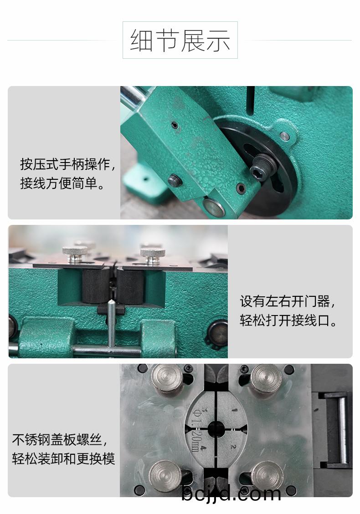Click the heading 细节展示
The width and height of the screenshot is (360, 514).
tap(180, 41)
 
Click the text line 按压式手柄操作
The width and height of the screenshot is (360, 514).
tap(67, 164)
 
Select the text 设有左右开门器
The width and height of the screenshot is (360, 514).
tap(287, 301)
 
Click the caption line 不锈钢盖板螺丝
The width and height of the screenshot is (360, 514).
tap(60, 440)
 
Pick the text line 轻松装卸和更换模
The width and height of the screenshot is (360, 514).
tap(63, 458)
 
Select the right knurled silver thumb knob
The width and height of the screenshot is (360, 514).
tap(153, 255)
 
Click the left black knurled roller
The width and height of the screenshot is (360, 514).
tap(95, 286)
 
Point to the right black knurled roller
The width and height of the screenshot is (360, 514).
tap(130, 286)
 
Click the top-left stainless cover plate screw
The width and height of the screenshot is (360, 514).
tap(167, 378)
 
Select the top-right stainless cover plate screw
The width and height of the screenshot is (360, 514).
tap(266, 378)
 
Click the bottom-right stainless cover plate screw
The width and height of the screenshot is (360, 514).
tap(267, 475)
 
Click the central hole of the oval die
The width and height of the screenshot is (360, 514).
tap(216, 428)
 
